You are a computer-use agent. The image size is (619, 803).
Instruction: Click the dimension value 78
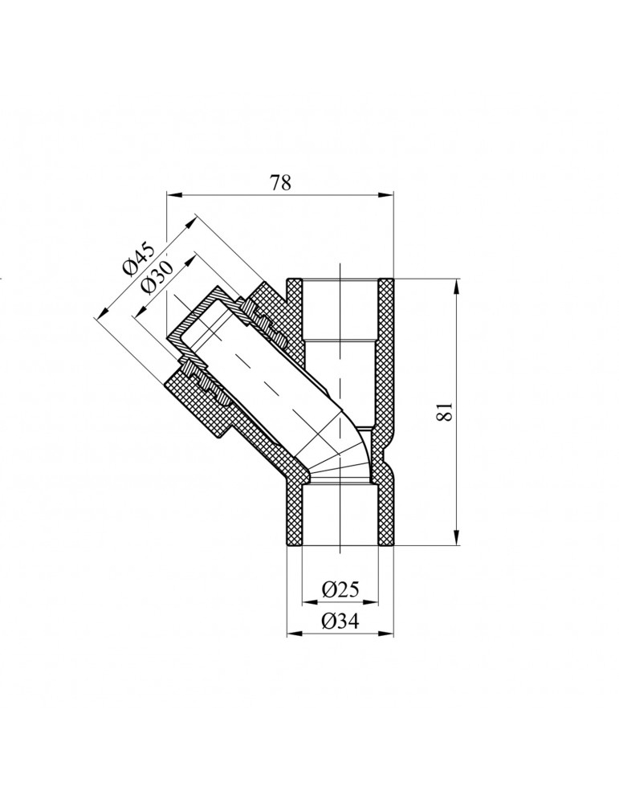coord(279,183)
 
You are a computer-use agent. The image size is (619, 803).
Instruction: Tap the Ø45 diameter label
coord(137,263)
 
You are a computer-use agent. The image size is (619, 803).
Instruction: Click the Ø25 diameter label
coord(340,590)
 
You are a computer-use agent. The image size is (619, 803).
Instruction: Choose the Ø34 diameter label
coord(340,621)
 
